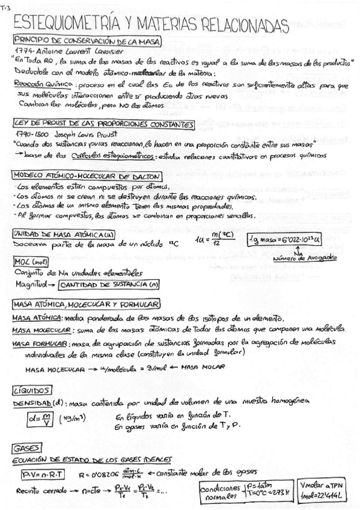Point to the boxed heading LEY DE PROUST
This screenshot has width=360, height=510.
coord(102,124)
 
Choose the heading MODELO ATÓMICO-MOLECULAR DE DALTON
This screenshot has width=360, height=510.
coord(87,176)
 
